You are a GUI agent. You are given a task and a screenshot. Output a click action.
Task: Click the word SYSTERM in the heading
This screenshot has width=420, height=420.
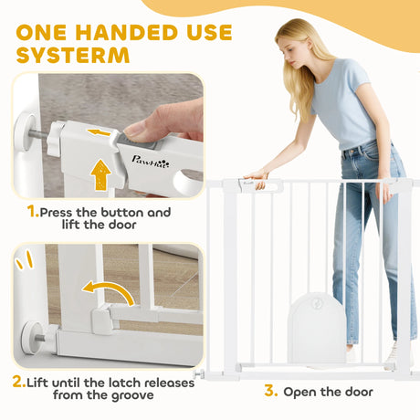[x=72, y=55]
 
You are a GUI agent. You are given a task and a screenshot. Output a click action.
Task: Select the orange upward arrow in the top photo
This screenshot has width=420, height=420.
[x=100, y=173]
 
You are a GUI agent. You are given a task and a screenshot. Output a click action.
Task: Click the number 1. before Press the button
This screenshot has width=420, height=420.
[x=33, y=212]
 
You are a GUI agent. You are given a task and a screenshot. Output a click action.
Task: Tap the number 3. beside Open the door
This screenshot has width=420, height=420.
[x=270, y=392]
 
